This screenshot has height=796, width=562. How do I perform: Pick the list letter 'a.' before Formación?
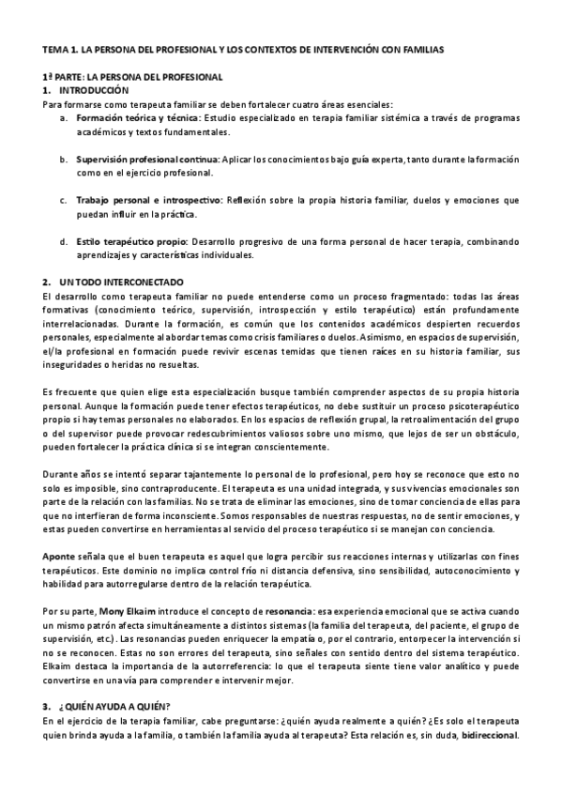[x=64, y=119]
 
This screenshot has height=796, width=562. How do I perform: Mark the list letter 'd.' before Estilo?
[x=64, y=241]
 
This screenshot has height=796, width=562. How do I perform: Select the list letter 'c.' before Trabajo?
[x=64, y=200]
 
